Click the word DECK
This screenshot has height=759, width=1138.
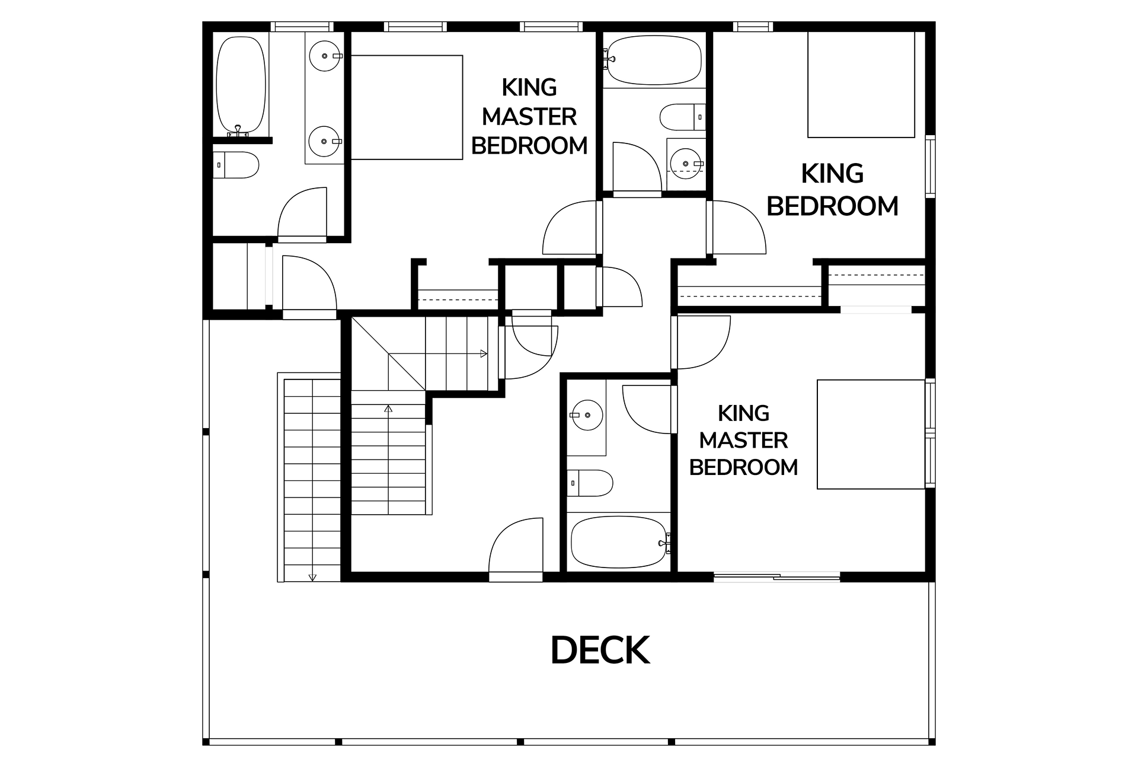(x=600, y=650)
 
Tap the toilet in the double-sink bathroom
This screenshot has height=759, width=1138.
(x=236, y=165)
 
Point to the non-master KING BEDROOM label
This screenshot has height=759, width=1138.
(x=832, y=190)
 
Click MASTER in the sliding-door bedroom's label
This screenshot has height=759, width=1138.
(x=743, y=441)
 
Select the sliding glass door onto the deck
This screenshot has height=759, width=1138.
(x=776, y=576)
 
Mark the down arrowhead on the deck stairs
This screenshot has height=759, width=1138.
(x=312, y=576)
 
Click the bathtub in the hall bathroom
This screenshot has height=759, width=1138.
(x=654, y=60)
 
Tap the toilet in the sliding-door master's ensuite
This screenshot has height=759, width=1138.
(x=590, y=483)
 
